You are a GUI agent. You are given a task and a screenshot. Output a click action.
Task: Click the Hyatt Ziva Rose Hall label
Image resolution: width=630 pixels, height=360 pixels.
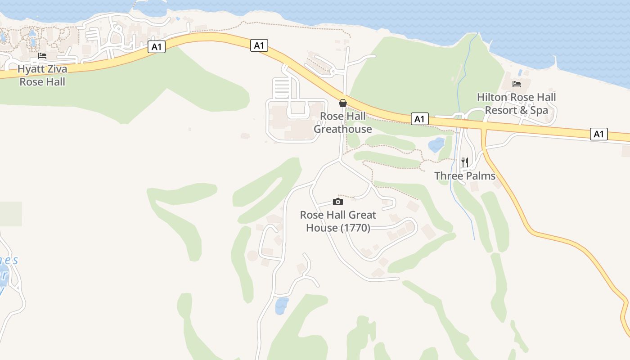click(x=42, y=75)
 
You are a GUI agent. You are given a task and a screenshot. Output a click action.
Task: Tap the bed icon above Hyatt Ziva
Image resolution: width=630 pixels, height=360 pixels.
click(x=42, y=56)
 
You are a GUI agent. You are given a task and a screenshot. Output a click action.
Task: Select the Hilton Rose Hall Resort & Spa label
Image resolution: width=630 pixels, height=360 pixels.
click(x=516, y=103)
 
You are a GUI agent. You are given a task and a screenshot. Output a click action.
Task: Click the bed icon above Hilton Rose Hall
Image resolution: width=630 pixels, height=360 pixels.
click(x=517, y=84)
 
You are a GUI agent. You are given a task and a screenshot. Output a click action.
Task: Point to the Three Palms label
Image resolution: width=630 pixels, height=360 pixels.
click(x=465, y=176)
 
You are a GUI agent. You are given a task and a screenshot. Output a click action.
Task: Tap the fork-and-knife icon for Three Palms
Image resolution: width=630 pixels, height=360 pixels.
click(x=465, y=162)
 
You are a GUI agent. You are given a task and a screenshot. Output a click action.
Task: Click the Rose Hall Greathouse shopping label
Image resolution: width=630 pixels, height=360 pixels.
click(x=342, y=122)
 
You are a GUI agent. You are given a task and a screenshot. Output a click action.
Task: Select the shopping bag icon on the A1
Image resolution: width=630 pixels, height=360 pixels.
click(x=343, y=103)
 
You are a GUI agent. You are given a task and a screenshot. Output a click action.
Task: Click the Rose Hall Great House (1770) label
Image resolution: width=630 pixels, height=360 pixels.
click(x=338, y=221)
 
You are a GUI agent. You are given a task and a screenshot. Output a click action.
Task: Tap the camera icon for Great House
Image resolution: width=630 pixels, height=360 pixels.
click(x=338, y=202)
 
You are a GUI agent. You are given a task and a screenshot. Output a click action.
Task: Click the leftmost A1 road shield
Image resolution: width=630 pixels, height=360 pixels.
click(x=156, y=47)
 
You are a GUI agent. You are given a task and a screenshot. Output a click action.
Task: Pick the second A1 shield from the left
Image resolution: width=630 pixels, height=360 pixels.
click(x=259, y=45)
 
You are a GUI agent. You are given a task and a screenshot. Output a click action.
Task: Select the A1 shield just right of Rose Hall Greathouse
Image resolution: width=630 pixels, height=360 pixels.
click(x=419, y=119)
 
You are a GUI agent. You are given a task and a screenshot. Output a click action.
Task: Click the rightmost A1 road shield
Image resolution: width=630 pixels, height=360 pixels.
click(x=599, y=134)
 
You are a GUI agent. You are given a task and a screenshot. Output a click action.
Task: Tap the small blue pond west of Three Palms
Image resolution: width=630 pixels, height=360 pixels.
click(x=436, y=145)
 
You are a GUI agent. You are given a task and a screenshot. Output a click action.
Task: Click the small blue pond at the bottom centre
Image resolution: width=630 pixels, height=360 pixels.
click(x=281, y=306)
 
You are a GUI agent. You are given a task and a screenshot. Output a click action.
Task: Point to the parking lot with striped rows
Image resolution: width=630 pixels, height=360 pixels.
click(x=282, y=88)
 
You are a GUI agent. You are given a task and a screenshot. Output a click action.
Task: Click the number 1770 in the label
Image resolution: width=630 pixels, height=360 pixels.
click(x=355, y=228)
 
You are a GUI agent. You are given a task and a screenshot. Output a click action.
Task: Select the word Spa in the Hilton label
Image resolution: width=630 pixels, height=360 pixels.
click(x=539, y=110)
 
